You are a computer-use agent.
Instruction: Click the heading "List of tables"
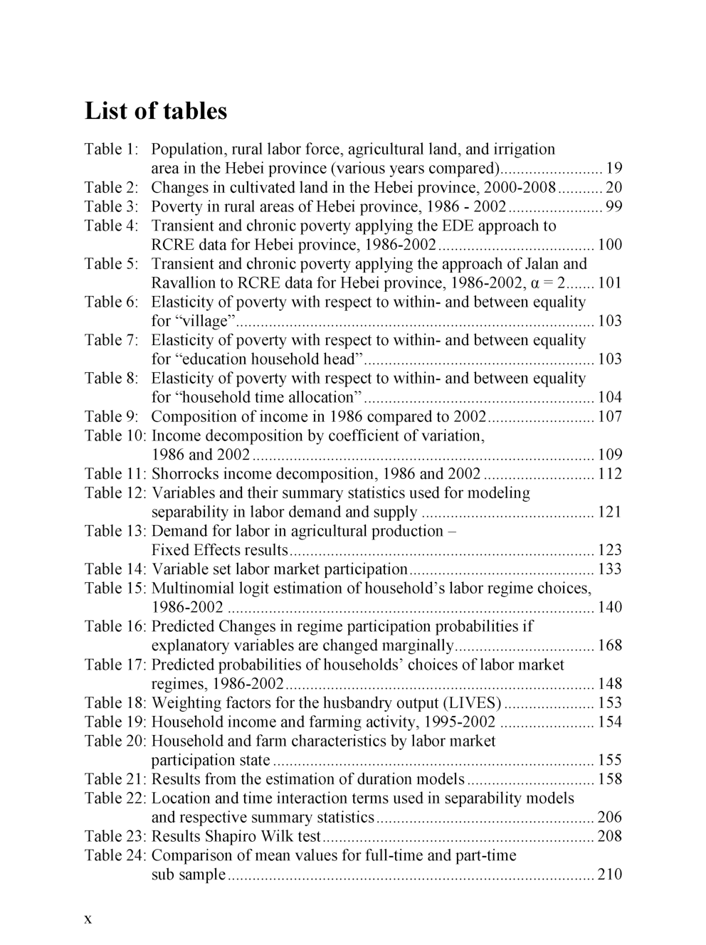point(156,111)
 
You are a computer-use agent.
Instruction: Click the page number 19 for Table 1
point(613,169)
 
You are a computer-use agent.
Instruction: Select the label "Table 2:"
point(112,188)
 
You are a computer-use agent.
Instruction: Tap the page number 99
point(613,207)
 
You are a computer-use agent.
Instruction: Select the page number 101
point(610,283)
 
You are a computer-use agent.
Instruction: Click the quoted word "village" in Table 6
point(204,322)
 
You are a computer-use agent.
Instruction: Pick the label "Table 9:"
point(112,417)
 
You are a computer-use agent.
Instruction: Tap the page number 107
point(610,417)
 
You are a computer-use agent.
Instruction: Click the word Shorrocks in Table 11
point(186,474)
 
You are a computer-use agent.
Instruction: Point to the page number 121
point(610,512)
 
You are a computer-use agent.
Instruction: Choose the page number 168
point(610,646)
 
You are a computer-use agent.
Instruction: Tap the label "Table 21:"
point(115,779)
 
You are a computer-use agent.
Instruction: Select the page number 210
point(610,875)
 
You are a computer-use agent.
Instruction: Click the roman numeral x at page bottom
point(88,919)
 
